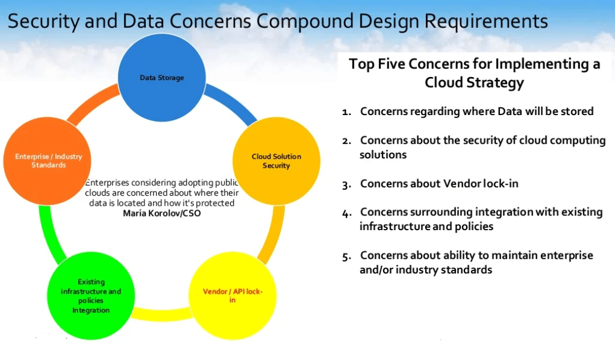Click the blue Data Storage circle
[161, 78]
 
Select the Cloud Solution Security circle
[276, 161]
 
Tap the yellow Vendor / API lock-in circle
[232, 296]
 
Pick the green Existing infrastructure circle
[91, 296]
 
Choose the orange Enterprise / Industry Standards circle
[47, 161]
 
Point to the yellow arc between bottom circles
[161, 314]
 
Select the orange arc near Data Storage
[91, 103]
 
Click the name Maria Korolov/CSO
[161, 214]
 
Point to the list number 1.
[346, 112]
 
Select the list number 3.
[346, 184]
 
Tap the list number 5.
[346, 256]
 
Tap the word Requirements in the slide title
[486, 21]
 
